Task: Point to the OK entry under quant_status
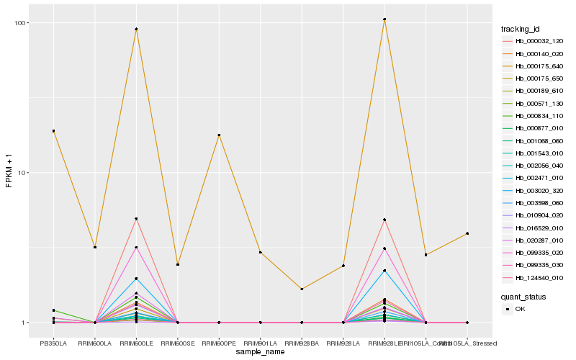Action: pos(519,309)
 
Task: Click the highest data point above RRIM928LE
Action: pos(384,19)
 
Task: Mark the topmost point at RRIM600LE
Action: pos(136,30)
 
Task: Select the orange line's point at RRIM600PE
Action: pos(219,135)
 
